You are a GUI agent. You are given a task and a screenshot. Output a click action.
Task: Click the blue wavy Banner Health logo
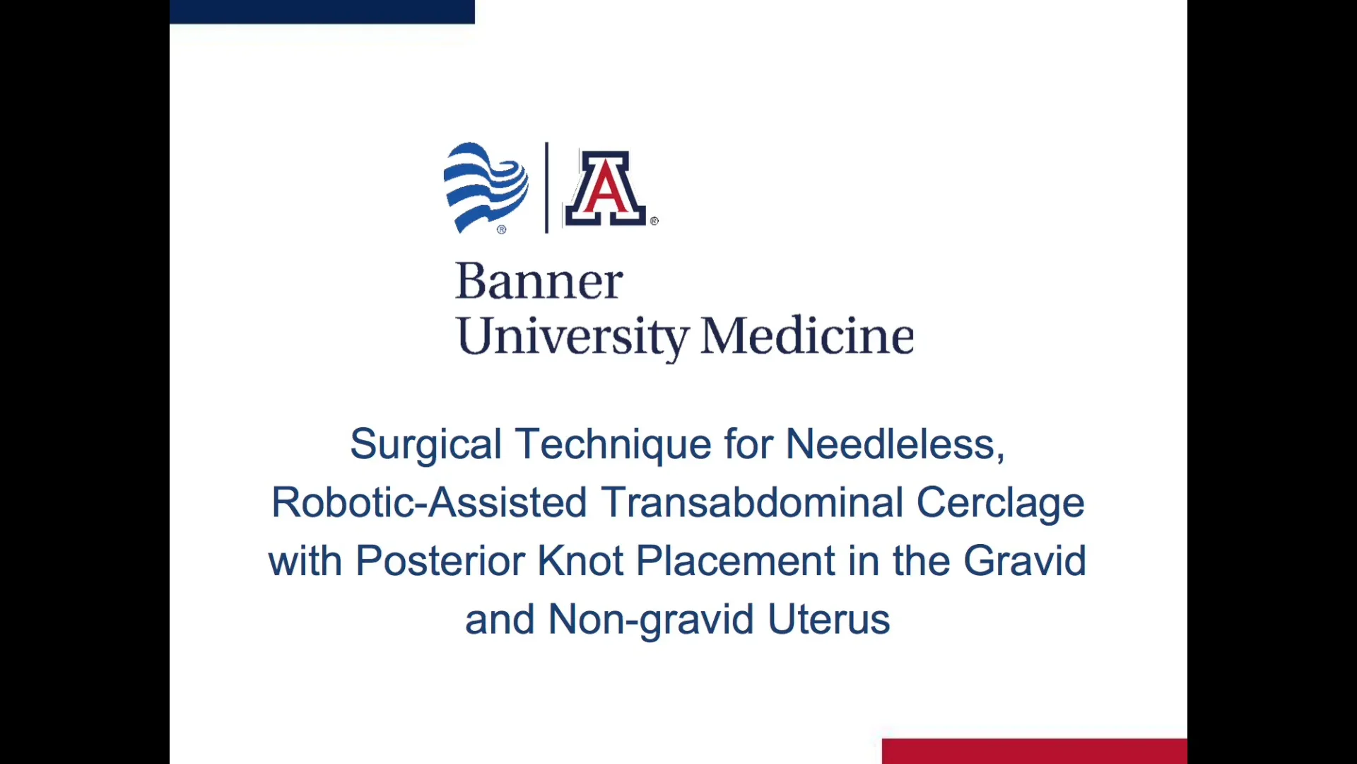coord(486,187)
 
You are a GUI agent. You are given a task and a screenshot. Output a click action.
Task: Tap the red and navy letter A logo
coord(606,188)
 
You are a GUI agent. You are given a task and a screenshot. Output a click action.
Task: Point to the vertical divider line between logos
coord(546,187)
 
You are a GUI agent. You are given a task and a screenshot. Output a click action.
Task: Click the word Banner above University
coord(539,281)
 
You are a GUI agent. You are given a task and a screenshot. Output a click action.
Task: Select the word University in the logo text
coord(572,336)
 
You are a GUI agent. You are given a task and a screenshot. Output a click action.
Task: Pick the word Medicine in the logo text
coord(807,335)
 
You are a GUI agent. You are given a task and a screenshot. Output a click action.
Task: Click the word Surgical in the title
coord(425,445)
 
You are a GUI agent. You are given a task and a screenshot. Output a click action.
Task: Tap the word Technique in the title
coord(613,445)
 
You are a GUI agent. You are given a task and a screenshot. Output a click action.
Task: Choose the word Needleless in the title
coord(895,444)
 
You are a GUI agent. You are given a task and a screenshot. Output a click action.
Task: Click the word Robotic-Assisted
coord(429,502)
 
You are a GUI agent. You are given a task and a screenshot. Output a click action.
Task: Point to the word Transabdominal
coord(752,502)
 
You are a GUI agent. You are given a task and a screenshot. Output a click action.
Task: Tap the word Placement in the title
coord(736,561)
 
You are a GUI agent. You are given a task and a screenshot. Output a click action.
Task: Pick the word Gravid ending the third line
coord(1025,561)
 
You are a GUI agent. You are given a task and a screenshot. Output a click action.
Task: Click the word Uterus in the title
coord(828,620)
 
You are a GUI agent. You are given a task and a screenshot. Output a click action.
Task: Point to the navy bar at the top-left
coord(322,12)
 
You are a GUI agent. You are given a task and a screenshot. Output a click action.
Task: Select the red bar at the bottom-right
coord(1035,751)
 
